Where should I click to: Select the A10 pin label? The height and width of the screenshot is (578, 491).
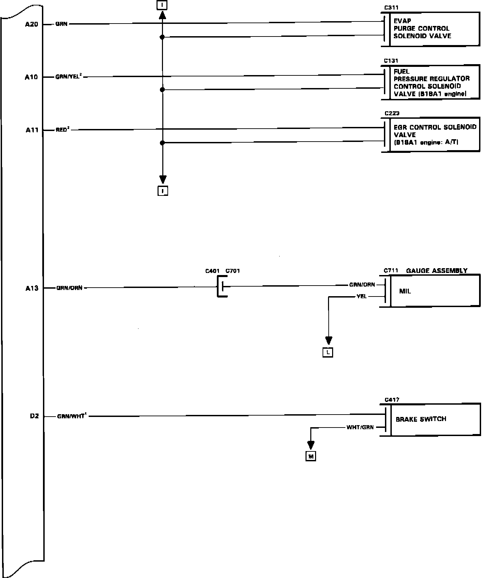[x=31, y=77]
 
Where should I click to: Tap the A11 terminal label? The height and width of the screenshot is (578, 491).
[x=32, y=130]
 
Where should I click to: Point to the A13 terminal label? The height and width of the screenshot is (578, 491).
[x=32, y=288]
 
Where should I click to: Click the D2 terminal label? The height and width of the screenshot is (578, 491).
[x=34, y=416]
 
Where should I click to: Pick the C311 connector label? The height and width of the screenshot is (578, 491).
[x=391, y=8]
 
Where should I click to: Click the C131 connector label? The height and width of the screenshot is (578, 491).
[x=391, y=61]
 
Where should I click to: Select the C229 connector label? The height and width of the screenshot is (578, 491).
[x=392, y=113]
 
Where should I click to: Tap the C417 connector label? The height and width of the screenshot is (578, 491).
[x=392, y=400]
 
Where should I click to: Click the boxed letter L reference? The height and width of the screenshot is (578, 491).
[x=328, y=352]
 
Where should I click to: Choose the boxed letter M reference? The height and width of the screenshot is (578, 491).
[x=311, y=456]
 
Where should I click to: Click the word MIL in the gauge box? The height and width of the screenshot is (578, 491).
[x=405, y=291]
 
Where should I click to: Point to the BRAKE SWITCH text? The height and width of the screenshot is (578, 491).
[x=421, y=419]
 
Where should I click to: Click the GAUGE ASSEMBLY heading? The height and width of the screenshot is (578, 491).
[x=437, y=271]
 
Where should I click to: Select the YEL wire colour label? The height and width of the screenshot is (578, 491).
[x=361, y=297]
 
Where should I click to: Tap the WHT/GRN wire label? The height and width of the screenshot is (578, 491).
[x=360, y=427]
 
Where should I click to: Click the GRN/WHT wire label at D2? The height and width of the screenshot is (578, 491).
[x=71, y=416]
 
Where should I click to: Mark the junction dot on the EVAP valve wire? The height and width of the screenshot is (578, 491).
[x=162, y=37]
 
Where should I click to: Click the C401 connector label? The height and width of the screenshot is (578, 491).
[x=212, y=271]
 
